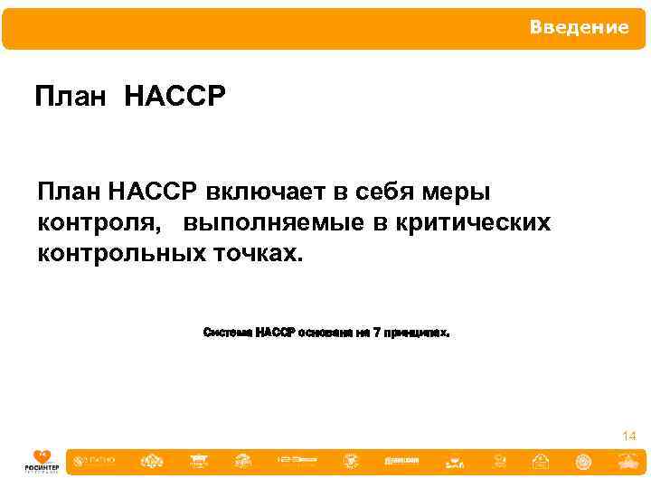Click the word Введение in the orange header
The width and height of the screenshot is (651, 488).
click(579, 28)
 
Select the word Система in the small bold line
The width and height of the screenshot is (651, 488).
click(228, 333)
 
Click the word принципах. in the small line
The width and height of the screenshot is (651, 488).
click(417, 333)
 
